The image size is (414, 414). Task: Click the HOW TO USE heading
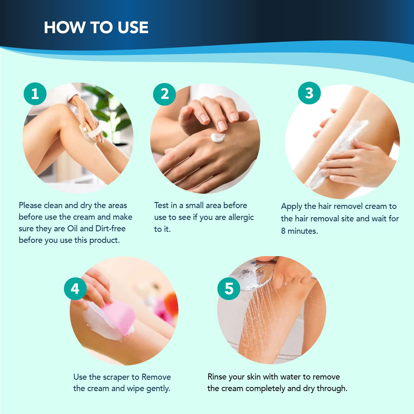coord(96,27)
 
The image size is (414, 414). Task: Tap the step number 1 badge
coord(35,94)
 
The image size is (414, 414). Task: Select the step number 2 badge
coord(164,94)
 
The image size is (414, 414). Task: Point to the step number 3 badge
coord(309,93)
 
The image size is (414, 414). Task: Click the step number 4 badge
coord(75,289)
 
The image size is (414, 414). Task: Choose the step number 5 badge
coord(229,289)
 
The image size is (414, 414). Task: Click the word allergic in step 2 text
coord(241,217)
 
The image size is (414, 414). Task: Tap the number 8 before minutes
coord(283,231)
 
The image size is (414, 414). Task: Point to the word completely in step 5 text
coord(265,389)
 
